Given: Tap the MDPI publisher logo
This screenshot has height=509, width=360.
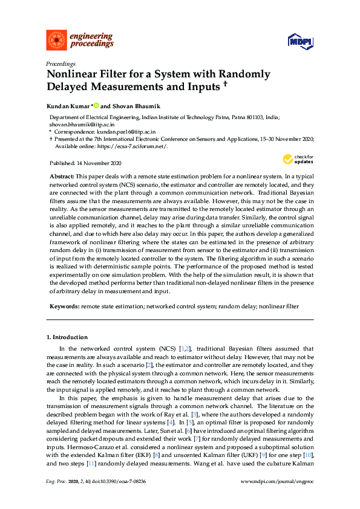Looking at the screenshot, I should coord(300,41).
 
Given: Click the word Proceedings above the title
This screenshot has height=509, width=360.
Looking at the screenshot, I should coord(61,63).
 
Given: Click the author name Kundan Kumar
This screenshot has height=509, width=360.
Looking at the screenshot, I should coord(68,106).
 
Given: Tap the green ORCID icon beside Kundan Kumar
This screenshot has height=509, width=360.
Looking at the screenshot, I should coord(96,106).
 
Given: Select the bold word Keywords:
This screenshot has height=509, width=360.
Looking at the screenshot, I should coord(64,306).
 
